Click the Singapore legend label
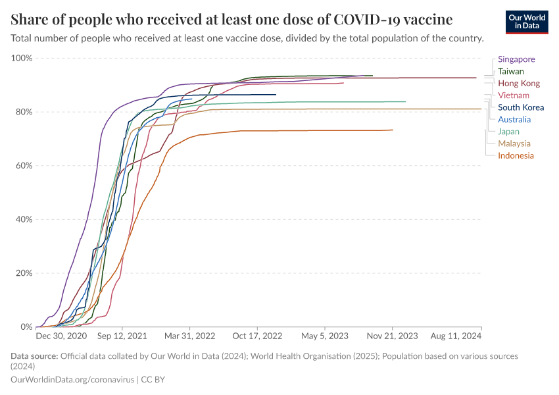pos(516,59)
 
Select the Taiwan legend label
pos(511,71)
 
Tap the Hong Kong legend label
pos(519,84)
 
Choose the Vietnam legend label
pos(514,95)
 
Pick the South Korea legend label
pos(521,107)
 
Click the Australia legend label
pos(514,119)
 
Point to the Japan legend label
pos(508,132)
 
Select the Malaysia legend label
pos(514,144)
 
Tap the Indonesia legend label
pos(516,155)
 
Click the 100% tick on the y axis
pos(22,59)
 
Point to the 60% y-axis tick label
pos(24,166)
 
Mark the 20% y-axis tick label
pos(24,273)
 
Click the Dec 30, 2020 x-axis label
pos(61,336)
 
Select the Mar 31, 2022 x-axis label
pos(190,336)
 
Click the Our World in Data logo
pos(527,22)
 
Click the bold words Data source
pos(34,356)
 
